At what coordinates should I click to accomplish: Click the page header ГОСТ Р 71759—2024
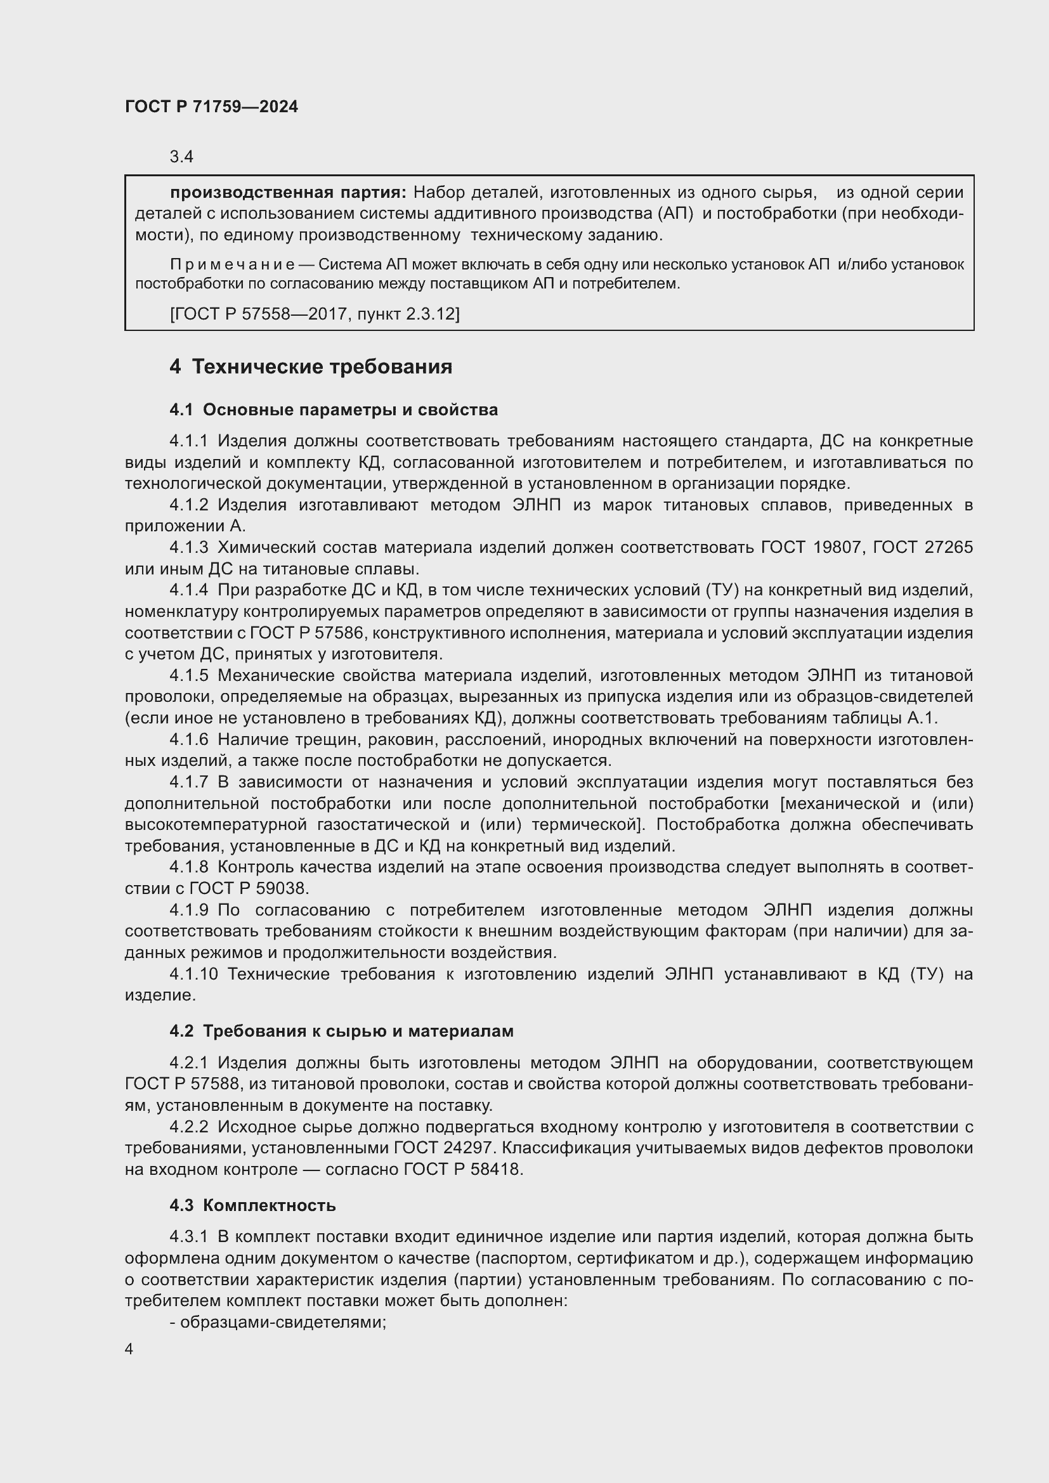click(211, 107)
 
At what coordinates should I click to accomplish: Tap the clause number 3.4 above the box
click(181, 157)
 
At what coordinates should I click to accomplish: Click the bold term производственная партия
click(288, 193)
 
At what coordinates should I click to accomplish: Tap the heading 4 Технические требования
click(311, 367)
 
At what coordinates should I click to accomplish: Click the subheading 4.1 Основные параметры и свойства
click(334, 410)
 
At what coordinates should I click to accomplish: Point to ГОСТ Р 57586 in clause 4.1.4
click(306, 633)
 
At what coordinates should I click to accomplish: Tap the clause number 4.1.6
click(188, 739)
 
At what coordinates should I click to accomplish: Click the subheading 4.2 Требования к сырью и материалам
click(341, 1032)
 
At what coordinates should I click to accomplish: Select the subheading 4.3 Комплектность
click(252, 1205)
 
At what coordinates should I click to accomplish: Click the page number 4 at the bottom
click(129, 1349)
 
